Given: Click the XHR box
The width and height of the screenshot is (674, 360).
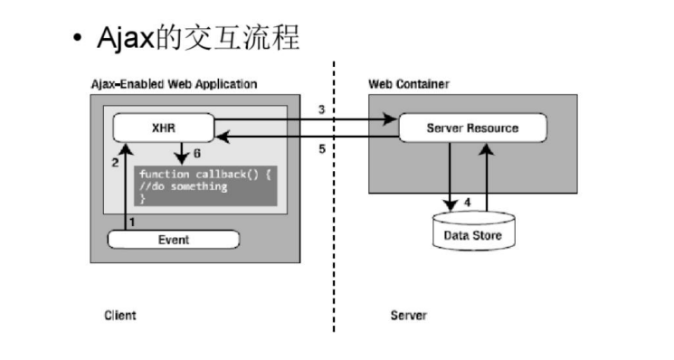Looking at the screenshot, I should pyautogui.click(x=162, y=128).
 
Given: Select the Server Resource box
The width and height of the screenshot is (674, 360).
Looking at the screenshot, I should pyautogui.click(x=472, y=128).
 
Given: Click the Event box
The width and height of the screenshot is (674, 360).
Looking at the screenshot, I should pyautogui.click(x=173, y=240).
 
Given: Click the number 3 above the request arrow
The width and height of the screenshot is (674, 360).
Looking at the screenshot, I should pyautogui.click(x=321, y=110).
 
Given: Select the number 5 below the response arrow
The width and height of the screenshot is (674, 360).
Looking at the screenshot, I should pyautogui.click(x=321, y=149).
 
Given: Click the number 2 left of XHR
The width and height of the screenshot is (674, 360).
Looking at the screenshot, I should pyautogui.click(x=115, y=162).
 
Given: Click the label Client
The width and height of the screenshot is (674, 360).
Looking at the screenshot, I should pyautogui.click(x=119, y=315).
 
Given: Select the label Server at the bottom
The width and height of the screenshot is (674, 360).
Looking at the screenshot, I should pyautogui.click(x=408, y=315).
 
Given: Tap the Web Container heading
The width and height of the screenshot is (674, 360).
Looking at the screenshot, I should pyautogui.click(x=409, y=84).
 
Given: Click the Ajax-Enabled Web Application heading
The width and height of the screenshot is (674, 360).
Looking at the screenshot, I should pyautogui.click(x=174, y=84).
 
